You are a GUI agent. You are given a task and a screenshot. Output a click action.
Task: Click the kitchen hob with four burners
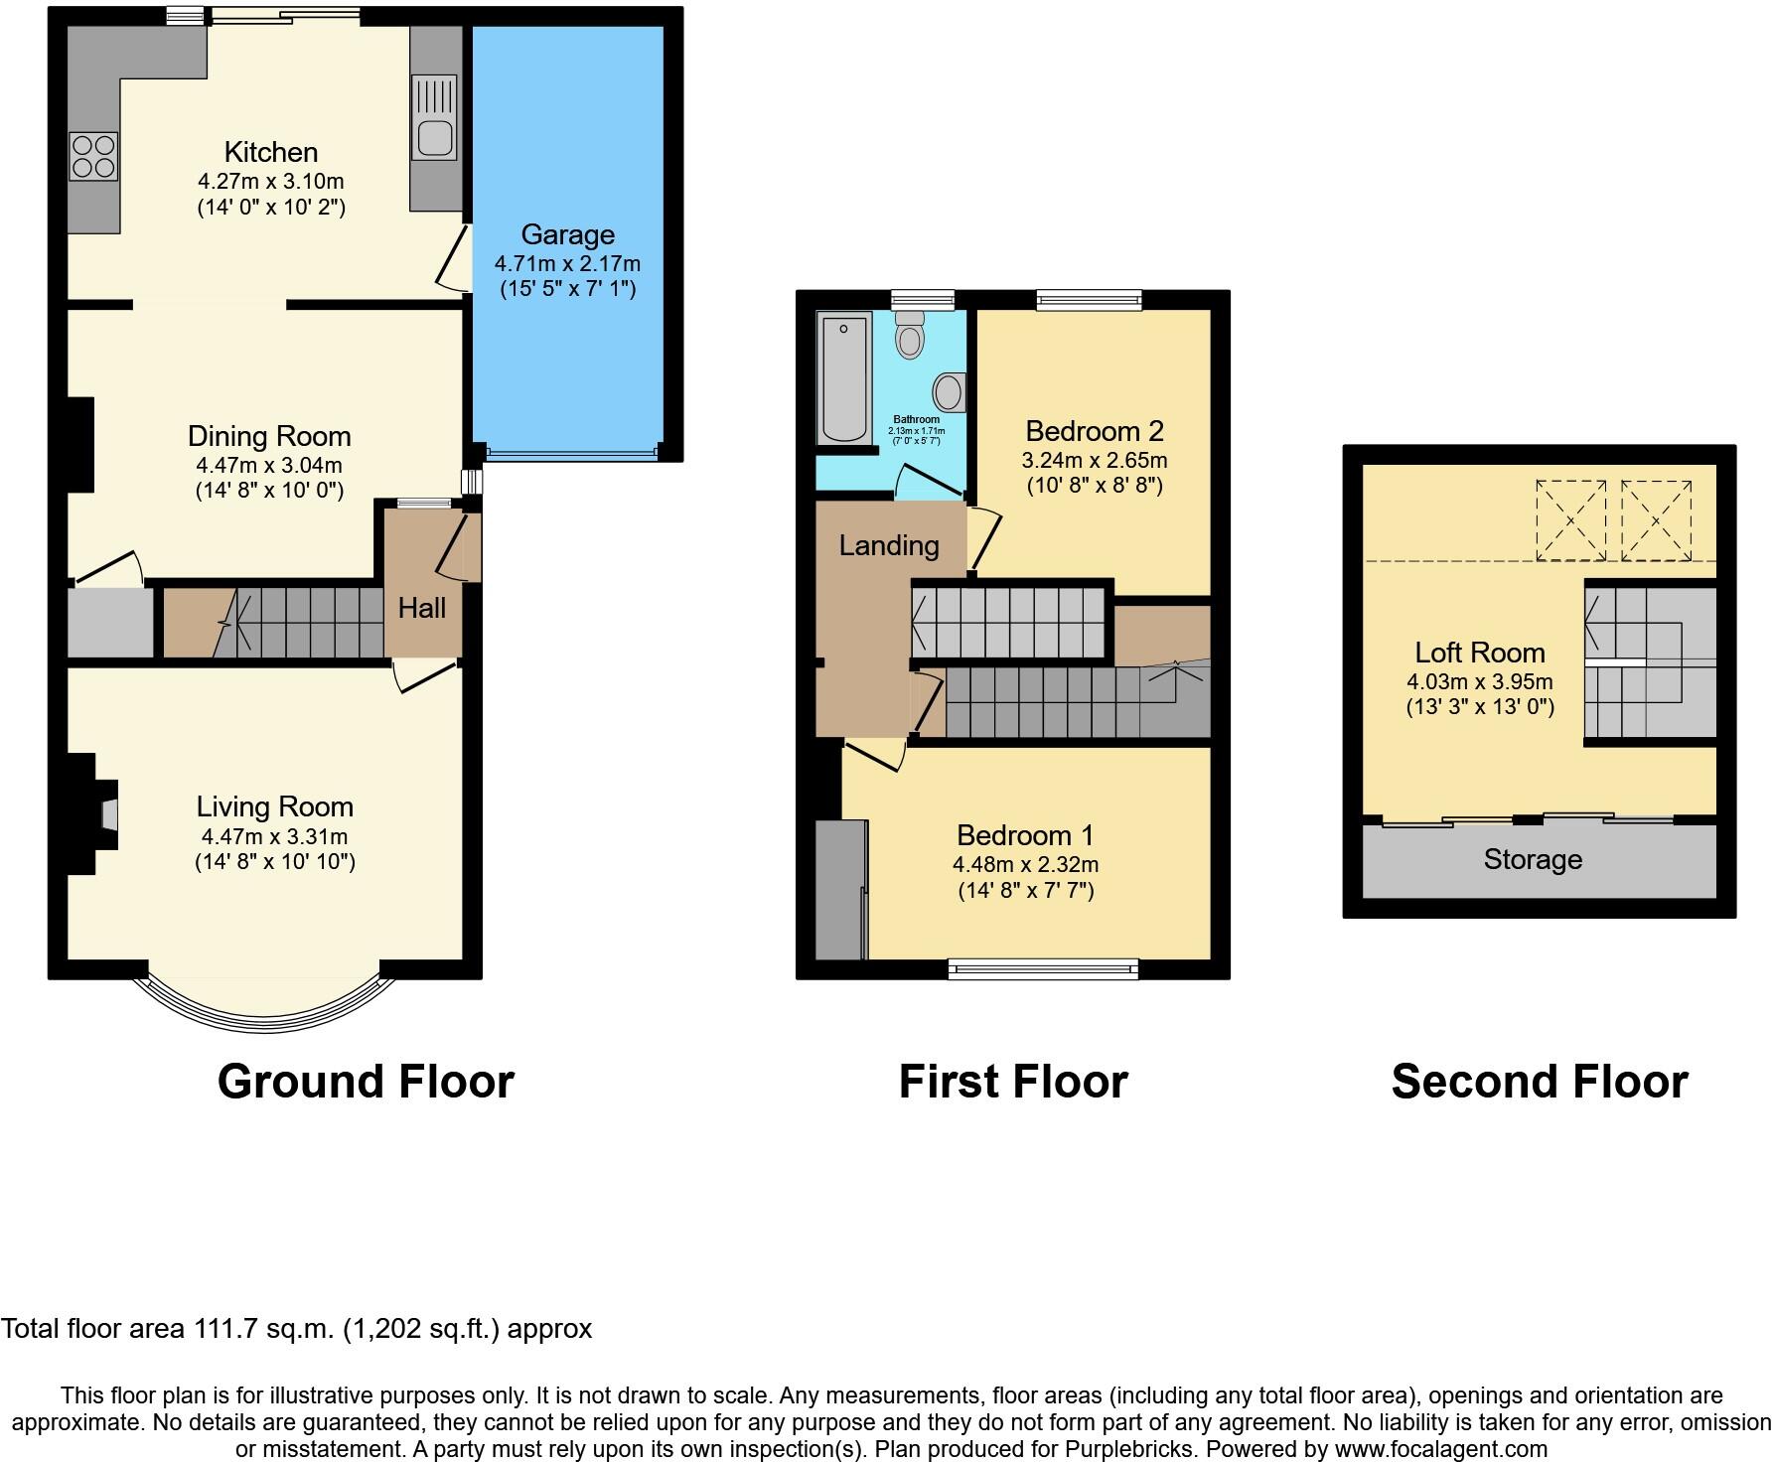click(x=93, y=156)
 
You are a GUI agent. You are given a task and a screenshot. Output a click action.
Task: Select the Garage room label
click(x=567, y=234)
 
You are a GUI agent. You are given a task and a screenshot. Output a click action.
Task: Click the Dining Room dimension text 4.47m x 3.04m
click(x=269, y=465)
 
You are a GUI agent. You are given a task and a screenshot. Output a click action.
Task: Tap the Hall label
click(x=421, y=608)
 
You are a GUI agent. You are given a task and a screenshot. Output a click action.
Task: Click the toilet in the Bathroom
click(x=909, y=335)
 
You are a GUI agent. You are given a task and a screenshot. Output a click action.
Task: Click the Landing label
click(x=888, y=545)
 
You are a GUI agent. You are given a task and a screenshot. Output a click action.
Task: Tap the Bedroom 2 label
click(x=1094, y=431)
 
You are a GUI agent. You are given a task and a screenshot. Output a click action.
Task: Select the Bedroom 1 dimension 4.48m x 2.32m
click(x=1025, y=864)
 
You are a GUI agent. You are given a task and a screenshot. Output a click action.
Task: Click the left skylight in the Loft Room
click(x=1570, y=519)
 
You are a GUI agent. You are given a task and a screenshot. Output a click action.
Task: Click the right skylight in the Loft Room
click(x=1656, y=519)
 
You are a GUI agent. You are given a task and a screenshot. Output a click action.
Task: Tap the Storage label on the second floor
click(x=1532, y=859)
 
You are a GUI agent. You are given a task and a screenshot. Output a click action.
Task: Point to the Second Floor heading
click(x=1539, y=1081)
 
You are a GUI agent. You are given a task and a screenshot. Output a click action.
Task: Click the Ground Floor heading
click(x=366, y=1081)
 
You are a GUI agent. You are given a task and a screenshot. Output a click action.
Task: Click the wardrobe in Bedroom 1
click(x=839, y=889)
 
